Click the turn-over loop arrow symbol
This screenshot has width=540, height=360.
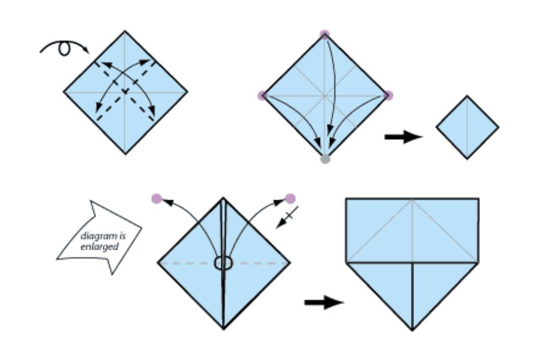coord(63,48)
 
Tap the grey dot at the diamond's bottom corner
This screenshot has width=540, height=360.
coord(325,160)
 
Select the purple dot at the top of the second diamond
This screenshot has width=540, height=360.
coord(325,34)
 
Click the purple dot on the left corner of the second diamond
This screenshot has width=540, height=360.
coord(262,95)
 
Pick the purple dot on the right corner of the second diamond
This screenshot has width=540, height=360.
coord(388,95)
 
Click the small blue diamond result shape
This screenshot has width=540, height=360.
coord(467,127)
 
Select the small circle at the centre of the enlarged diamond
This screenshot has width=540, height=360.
coord(223,263)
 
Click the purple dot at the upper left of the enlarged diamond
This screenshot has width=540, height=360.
coord(157,197)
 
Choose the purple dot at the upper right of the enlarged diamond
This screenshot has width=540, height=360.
coord(290,198)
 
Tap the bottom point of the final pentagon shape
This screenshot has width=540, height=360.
coord(412,329)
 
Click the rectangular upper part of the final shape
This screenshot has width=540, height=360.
coord(412,230)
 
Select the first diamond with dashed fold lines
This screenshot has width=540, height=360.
coord(125,92)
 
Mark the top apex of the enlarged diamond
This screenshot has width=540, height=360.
coord(223,197)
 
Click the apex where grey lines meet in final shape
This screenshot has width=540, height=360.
coord(412,200)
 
